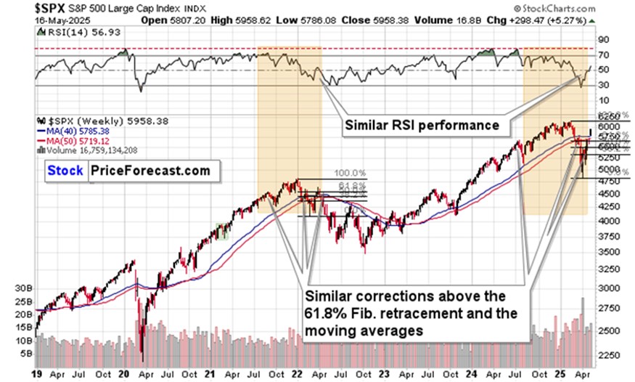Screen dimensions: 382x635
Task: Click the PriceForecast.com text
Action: pyautogui.click(x=150, y=171)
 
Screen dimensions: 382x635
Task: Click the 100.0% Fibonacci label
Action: pyautogui.click(x=348, y=174)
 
